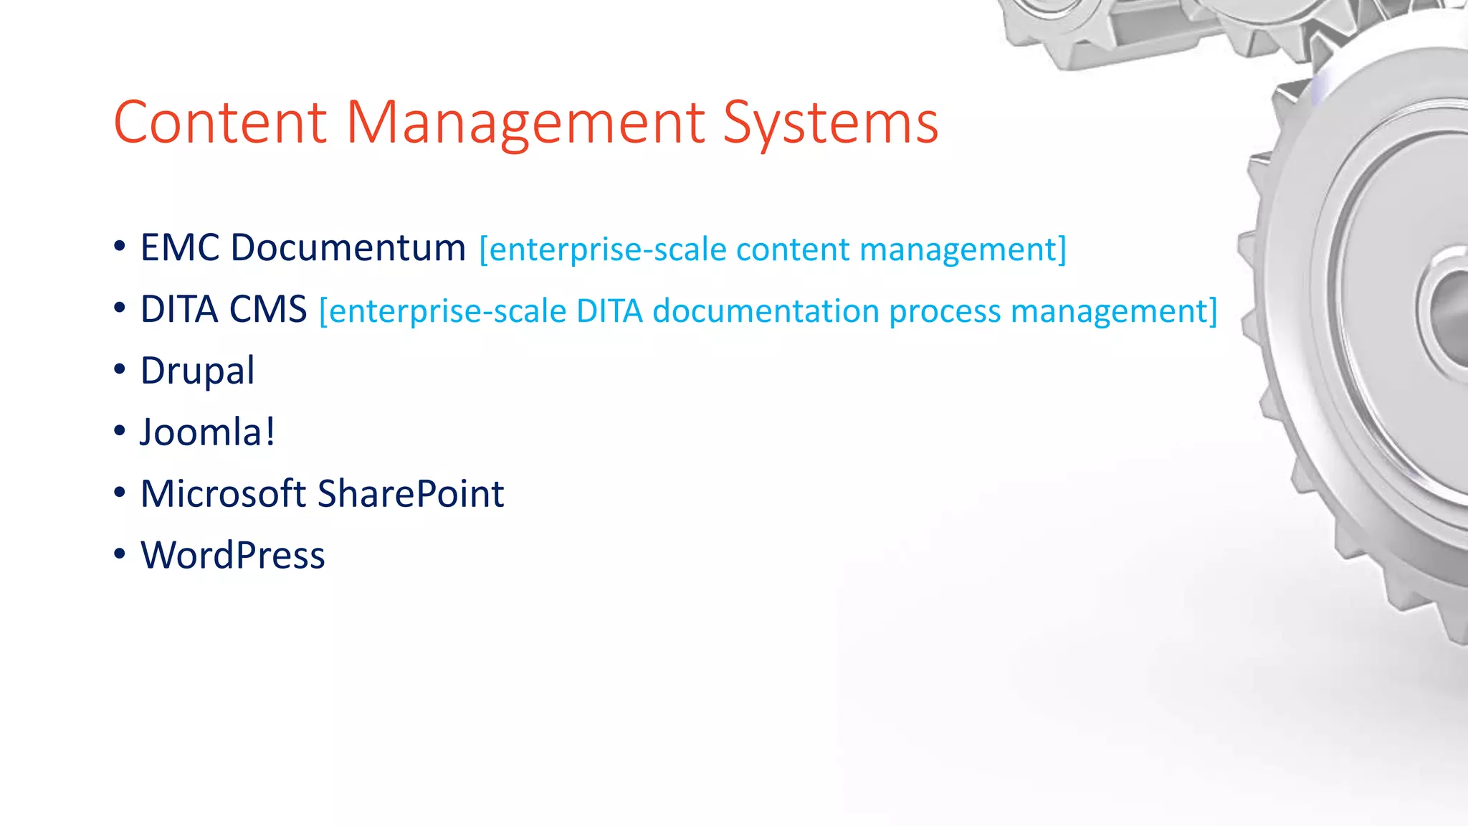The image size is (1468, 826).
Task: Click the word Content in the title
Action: pos(220,123)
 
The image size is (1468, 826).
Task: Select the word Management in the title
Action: pos(526,123)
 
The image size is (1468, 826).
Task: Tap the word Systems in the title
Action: pos(830,123)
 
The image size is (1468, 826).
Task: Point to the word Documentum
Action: pos(348,247)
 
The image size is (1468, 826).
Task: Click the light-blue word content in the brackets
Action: pos(792,250)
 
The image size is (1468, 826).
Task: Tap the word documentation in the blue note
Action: pos(766,311)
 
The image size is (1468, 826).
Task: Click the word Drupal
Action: pos(197,371)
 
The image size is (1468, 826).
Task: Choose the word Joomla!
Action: pos(207,432)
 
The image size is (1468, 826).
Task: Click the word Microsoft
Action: pos(224,493)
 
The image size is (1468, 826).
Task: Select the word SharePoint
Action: pos(411,493)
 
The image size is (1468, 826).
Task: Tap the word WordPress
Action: pos(233,555)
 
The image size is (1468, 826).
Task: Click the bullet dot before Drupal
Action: pos(120,369)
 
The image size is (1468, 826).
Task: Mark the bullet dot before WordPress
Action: pos(120,554)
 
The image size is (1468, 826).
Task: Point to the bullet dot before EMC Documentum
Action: pos(120,246)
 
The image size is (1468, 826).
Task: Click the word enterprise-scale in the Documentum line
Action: pos(607,250)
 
